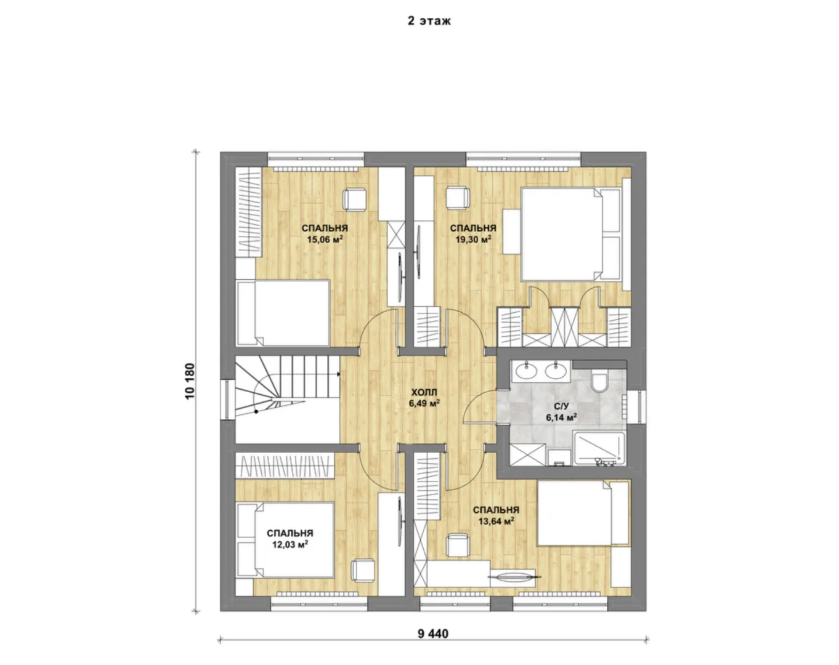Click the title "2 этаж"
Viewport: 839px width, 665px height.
coord(429,21)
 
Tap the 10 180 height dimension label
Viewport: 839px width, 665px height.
coord(190,381)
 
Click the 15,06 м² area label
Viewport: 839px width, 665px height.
coord(325,239)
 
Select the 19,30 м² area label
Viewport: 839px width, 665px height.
coord(473,239)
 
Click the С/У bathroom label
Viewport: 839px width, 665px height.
coord(561,406)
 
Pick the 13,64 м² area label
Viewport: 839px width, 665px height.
coord(496,521)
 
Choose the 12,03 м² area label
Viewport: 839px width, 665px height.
coord(290,544)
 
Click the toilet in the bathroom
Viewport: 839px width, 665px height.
coord(599,382)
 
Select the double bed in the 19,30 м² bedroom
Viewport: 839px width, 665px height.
coord(571,234)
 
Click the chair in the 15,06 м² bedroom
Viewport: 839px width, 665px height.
coord(354,200)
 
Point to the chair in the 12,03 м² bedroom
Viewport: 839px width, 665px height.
coord(363,571)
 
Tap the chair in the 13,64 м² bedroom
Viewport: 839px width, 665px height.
coord(457,545)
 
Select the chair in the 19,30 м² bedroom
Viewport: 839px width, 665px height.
coord(458,198)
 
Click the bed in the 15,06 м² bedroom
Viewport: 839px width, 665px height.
coord(283,313)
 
